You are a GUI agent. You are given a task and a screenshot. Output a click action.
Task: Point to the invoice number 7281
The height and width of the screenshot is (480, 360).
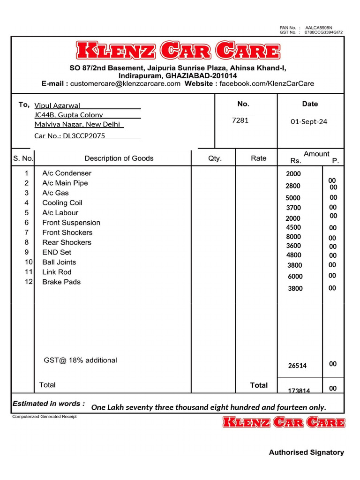[x=240, y=120]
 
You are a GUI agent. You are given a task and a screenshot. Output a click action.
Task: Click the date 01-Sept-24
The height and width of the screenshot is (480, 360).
[x=309, y=121]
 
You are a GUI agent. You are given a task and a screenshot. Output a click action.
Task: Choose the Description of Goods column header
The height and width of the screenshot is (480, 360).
[x=119, y=158]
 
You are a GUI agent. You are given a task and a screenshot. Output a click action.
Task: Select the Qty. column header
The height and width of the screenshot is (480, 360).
[x=215, y=158]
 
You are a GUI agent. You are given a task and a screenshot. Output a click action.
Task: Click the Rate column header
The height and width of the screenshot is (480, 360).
[x=258, y=158]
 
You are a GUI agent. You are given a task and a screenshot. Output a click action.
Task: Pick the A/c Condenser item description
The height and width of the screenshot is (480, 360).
[x=67, y=173]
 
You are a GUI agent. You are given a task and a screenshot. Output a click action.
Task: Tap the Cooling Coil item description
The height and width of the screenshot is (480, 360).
[x=62, y=203]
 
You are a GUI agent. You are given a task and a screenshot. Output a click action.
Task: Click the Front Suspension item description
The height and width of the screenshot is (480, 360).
[x=71, y=223]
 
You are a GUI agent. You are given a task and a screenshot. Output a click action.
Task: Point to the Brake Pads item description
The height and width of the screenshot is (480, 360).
[x=61, y=282]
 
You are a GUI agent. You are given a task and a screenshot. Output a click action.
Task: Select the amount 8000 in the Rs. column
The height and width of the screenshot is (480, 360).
[x=293, y=237]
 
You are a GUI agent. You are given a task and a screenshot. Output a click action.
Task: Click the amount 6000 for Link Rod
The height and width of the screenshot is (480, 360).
[x=295, y=277]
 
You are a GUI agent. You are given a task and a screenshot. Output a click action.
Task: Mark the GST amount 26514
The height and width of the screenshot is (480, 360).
[x=297, y=366]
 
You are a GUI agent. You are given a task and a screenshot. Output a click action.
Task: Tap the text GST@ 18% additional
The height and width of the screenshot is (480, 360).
[x=80, y=360]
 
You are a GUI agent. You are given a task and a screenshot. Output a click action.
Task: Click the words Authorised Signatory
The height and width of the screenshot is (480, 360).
[x=306, y=452]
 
